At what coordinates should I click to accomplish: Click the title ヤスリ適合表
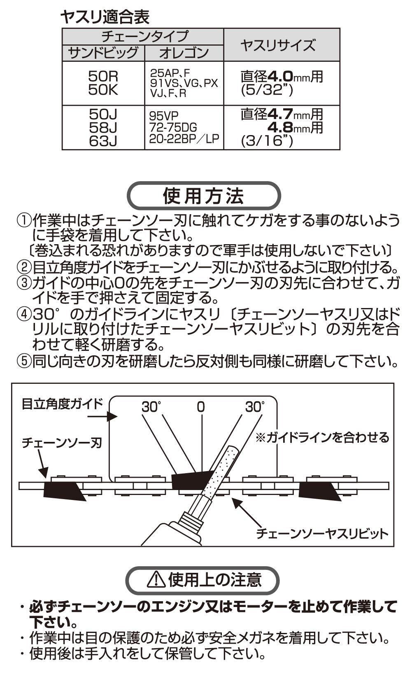[x=105, y=17]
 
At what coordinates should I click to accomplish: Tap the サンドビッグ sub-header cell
[x=103, y=53]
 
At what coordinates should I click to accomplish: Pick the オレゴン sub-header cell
[x=184, y=53]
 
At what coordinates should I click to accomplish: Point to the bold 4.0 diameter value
[x=280, y=77]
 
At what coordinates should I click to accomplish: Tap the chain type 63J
[x=103, y=141]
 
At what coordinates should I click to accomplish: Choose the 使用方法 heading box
[x=204, y=196]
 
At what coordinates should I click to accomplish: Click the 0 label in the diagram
[x=201, y=407]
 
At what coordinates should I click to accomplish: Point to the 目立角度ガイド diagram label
[x=62, y=404]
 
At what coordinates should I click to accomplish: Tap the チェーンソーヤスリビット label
[x=322, y=534]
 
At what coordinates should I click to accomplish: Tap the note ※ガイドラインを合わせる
[x=322, y=437]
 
